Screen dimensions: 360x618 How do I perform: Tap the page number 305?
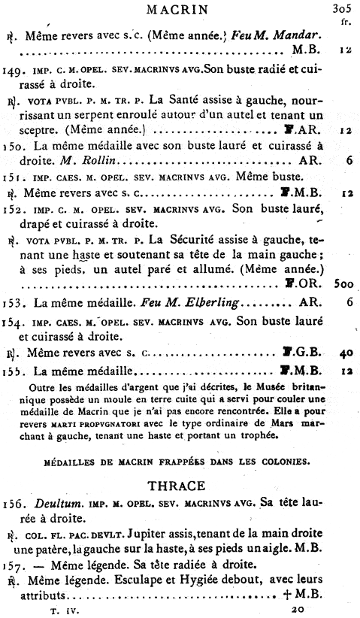[342, 10]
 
